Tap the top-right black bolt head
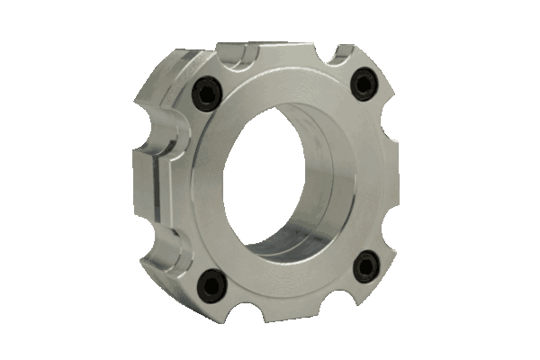(363, 84)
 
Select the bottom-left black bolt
(212, 285)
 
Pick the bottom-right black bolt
(365, 266)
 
